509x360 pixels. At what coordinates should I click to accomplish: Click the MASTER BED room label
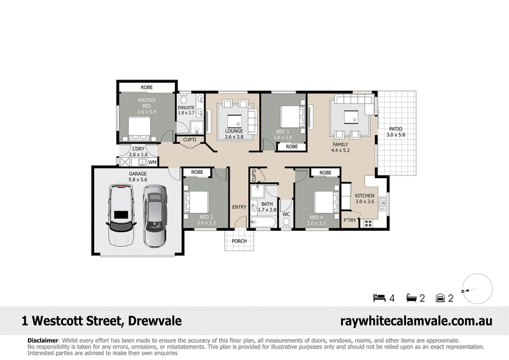(147, 106)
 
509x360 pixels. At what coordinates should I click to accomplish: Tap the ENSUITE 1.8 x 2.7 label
(186, 110)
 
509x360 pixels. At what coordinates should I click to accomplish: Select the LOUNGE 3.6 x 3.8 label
(234, 134)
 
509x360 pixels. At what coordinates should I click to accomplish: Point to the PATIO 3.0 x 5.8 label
(396, 132)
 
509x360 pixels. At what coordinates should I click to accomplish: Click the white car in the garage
(120, 214)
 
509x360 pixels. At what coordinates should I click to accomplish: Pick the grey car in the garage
(155, 216)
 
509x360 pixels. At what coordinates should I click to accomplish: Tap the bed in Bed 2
(197, 202)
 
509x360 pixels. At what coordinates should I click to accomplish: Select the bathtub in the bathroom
(263, 223)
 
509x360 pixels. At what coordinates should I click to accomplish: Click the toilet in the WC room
(286, 223)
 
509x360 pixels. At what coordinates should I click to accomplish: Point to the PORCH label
(239, 241)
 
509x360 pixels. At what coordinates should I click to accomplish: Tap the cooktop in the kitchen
(368, 223)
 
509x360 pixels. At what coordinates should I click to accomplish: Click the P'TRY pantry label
(349, 220)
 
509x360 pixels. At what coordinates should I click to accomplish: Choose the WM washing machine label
(152, 162)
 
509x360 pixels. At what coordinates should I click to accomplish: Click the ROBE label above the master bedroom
(147, 87)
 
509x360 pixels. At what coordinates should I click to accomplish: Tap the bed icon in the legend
(379, 297)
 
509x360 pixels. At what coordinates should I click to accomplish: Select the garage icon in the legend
(440, 298)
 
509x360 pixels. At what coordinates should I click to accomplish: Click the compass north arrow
(468, 290)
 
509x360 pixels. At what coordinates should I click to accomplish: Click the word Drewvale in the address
(155, 321)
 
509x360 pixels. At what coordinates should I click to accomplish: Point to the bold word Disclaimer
(43, 340)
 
